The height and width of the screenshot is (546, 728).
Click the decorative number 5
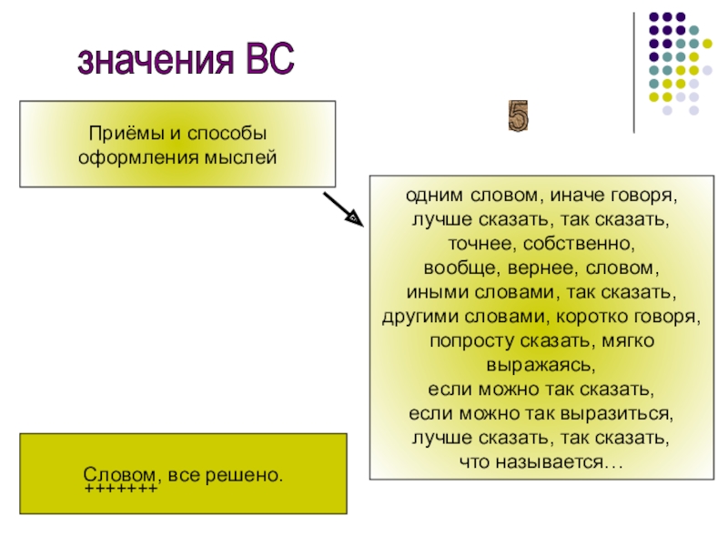click(519, 116)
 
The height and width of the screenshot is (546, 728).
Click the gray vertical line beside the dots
click(635, 73)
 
